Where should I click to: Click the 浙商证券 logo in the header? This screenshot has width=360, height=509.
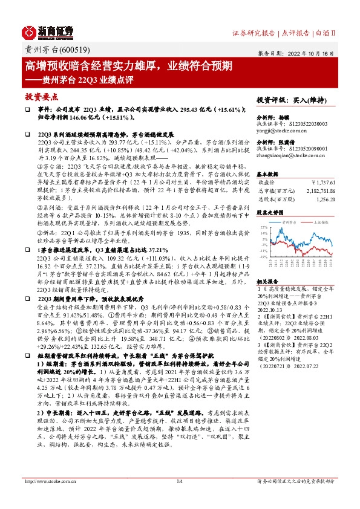(49, 31)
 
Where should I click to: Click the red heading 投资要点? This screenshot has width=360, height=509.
(41, 96)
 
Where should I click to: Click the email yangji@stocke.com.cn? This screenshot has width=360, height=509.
(283, 129)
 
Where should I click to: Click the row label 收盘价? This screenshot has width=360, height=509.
(267, 181)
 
